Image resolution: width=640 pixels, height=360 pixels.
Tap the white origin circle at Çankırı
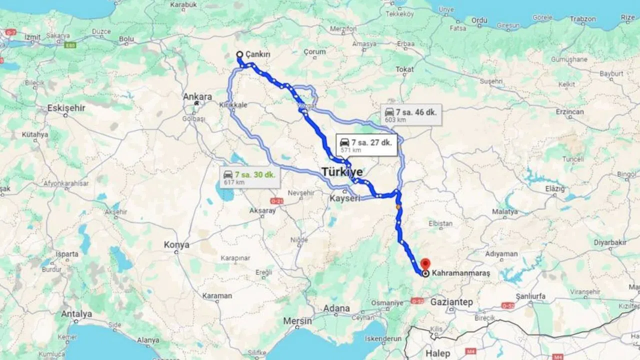[x=239, y=54]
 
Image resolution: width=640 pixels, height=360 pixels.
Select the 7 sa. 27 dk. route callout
[x=366, y=145]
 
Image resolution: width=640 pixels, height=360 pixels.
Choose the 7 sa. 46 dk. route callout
[x=411, y=115]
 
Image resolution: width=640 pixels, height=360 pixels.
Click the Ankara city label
[x=197, y=96]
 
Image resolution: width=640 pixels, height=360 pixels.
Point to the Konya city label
[x=177, y=245]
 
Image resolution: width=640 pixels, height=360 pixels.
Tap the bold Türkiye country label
[x=342, y=172]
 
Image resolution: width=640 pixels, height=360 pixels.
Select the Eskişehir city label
[x=66, y=108]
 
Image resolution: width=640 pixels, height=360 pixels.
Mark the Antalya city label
[x=76, y=314]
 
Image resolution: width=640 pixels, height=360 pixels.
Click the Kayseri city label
[x=345, y=198]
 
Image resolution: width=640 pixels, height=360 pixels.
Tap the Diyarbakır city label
[x=610, y=243]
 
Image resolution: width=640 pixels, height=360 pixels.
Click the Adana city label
[x=336, y=308]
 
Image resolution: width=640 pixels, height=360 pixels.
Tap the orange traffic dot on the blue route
[x=398, y=207]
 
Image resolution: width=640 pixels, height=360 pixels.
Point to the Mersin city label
[x=297, y=320]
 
